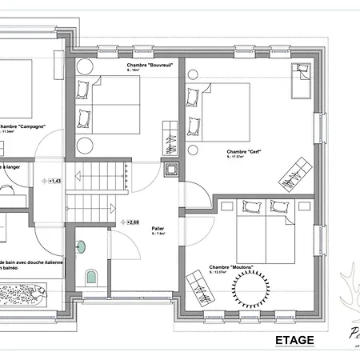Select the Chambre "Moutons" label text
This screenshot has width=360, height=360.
point(228,267)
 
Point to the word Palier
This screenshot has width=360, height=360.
point(158,229)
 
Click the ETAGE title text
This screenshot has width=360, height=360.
point(294,339)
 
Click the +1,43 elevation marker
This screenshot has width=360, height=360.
point(54,182)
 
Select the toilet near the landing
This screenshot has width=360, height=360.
point(90,276)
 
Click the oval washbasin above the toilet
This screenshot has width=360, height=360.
point(80,245)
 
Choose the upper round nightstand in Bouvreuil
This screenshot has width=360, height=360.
point(84,67)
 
